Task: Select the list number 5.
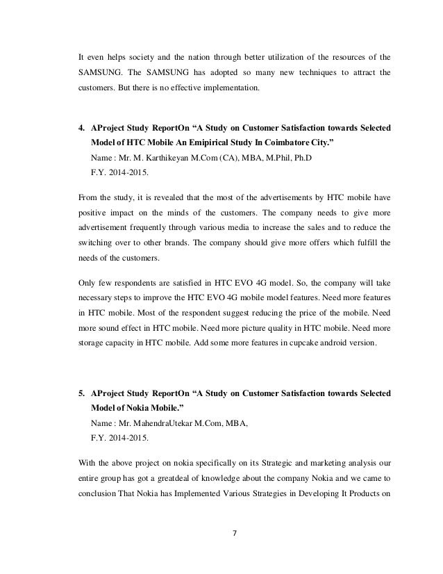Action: click(x=80, y=394)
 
